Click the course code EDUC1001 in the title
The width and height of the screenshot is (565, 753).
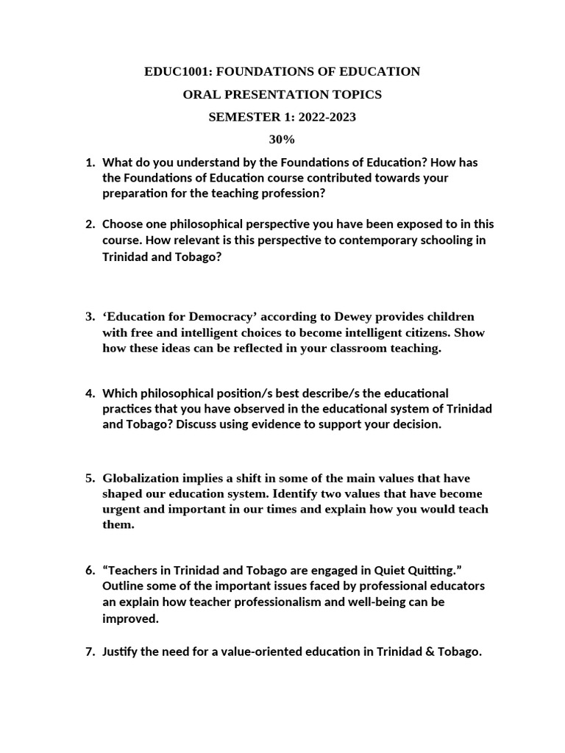[x=176, y=71]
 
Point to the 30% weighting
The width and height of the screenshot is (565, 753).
[x=283, y=140]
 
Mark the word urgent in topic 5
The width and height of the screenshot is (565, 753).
[x=121, y=510]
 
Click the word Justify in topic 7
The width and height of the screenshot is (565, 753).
[x=121, y=652]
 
